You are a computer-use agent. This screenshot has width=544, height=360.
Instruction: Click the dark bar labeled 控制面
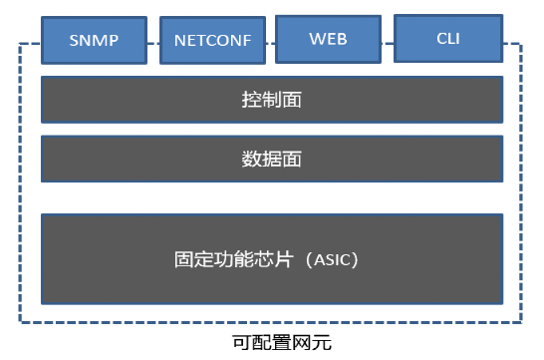point(271,100)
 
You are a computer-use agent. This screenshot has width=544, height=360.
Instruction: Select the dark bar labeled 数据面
point(271,160)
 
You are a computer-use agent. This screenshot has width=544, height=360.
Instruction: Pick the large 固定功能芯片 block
point(271,259)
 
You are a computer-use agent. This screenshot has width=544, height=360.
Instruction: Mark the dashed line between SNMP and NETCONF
point(152,44)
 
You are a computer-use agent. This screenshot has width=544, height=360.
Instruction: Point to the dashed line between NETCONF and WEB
point(269,44)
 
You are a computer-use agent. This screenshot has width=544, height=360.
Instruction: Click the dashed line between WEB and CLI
point(388,44)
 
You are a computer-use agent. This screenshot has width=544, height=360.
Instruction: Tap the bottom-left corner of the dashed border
point(20,322)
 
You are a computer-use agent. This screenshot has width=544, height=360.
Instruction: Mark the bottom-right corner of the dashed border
point(521,322)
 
